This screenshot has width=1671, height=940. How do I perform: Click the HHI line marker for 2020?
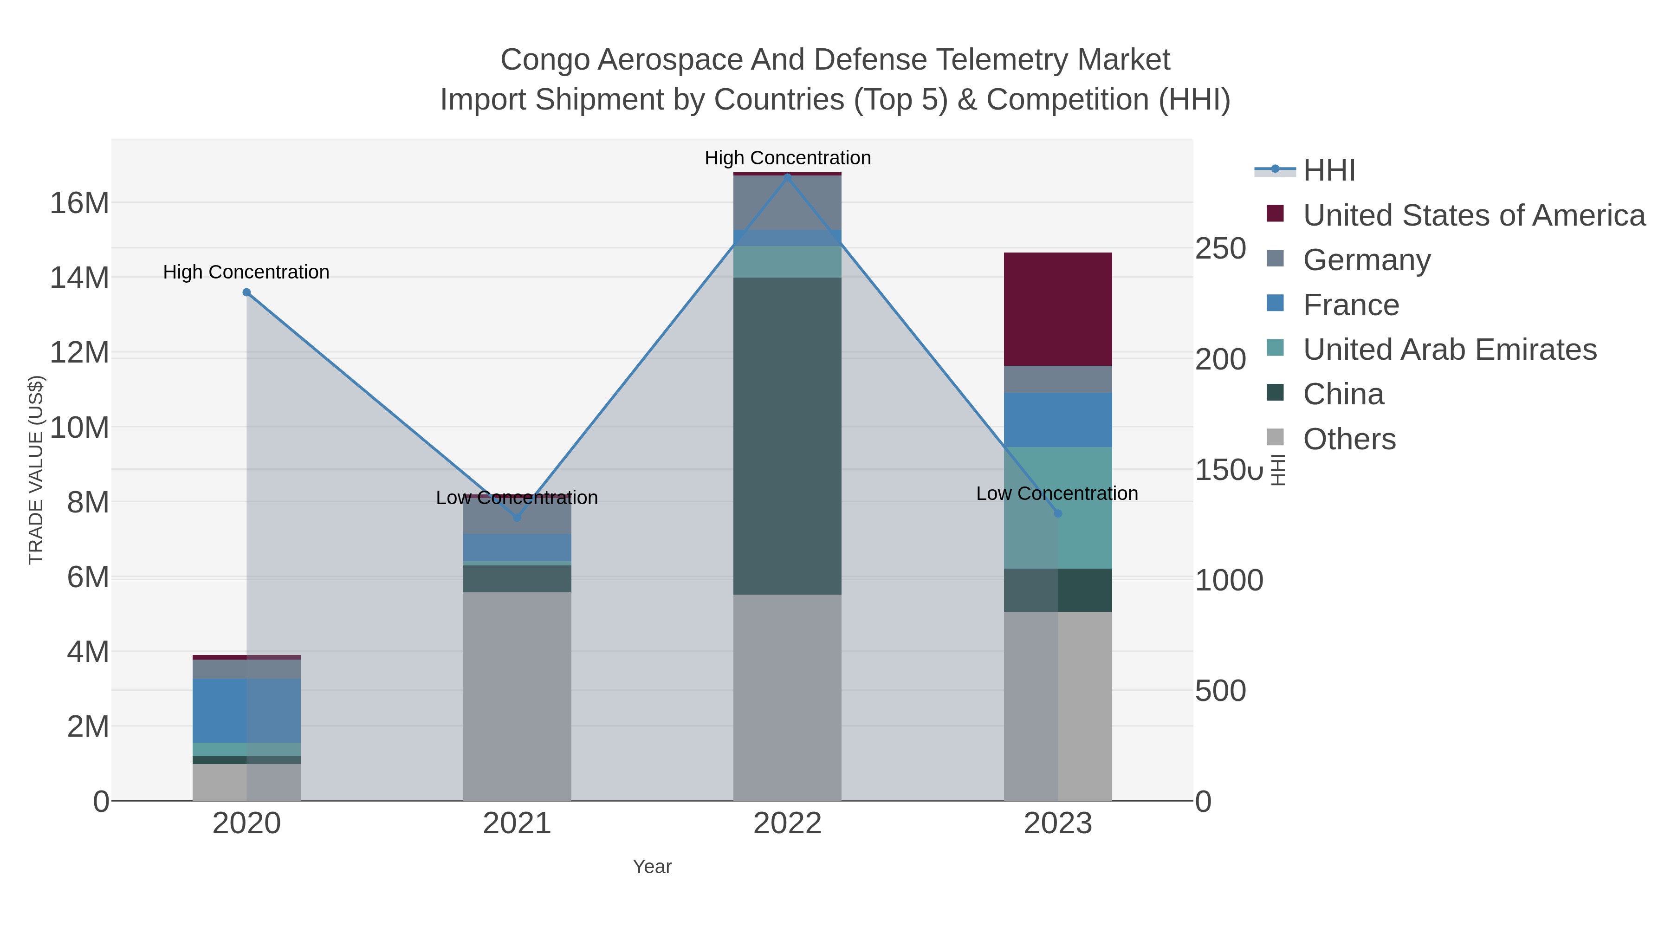(246, 292)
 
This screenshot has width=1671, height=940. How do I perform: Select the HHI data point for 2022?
(788, 177)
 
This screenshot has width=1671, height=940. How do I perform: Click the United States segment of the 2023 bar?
(1058, 310)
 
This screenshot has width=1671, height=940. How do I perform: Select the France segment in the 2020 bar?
(246, 710)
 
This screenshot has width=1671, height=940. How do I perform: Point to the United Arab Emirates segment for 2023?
(1058, 508)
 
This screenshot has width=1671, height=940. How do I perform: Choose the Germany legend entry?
(1367, 260)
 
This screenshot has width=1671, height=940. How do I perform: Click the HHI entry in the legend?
(1329, 171)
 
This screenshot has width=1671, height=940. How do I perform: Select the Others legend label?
(1349, 439)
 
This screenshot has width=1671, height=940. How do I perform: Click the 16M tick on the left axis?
(79, 203)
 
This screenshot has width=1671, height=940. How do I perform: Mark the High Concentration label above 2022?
(788, 158)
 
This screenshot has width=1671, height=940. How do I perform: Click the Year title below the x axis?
(652, 867)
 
